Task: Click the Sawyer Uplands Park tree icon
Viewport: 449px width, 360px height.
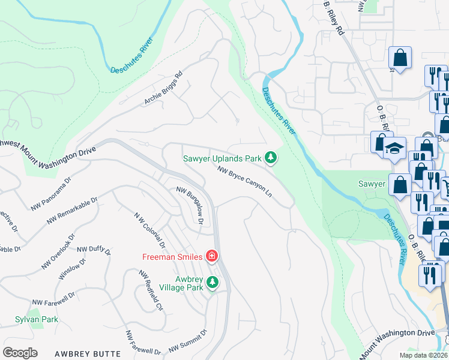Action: [271, 158]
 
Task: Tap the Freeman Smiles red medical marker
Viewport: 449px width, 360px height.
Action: [211, 257]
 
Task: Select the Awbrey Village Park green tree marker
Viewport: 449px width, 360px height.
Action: [211, 282]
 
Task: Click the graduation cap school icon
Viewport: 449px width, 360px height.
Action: [394, 148]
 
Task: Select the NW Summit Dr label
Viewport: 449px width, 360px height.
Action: [187, 340]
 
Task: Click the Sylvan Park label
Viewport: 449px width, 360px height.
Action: [37, 319]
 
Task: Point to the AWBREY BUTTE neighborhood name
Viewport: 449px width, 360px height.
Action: [88, 354]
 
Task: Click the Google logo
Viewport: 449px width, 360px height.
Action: [20, 353]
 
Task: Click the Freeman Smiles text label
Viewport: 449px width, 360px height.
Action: [171, 257]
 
